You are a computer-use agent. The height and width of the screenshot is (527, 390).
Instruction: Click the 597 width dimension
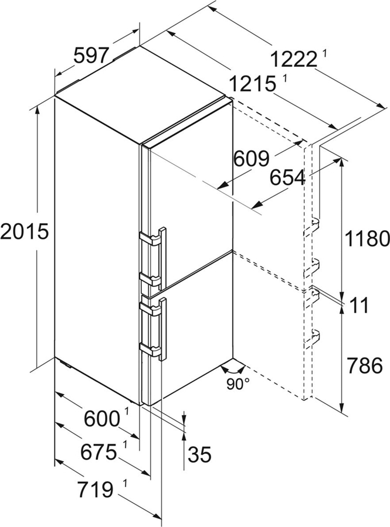pos(91,56)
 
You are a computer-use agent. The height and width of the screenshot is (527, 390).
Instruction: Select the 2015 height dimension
pos(23,232)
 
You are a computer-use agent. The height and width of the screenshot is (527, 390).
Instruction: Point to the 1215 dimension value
pos(253,83)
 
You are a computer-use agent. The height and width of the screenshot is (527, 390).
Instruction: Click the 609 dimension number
pos(252,158)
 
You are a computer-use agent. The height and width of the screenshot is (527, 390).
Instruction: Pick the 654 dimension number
pos(289,177)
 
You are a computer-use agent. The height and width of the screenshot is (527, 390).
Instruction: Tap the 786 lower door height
pos(364,366)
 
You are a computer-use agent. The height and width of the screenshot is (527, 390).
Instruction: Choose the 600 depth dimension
pos(100,419)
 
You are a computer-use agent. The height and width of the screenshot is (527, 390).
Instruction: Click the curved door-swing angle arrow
pos(232,369)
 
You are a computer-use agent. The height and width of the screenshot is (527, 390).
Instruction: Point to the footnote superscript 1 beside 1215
pos(284,78)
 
